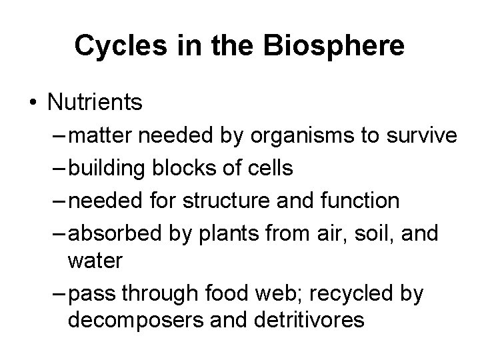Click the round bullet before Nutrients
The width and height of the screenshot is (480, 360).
point(33,103)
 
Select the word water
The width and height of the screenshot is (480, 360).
point(95,260)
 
